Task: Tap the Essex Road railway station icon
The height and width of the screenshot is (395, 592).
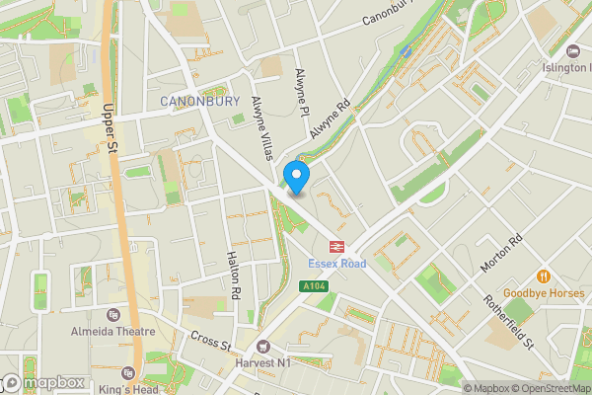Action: (336, 248)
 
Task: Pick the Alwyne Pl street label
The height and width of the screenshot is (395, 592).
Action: (302, 91)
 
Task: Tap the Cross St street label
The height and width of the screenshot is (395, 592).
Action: (210, 341)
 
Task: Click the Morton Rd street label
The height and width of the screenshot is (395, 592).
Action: (506, 255)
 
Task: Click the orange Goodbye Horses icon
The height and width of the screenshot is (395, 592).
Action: (543, 276)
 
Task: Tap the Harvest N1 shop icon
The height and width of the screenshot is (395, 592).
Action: (262, 347)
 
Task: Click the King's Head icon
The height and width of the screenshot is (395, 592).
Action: (127, 374)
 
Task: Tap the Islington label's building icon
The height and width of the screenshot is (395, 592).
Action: (574, 50)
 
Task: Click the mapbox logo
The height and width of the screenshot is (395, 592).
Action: (41, 382)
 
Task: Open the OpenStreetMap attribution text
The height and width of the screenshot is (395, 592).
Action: (547, 388)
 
